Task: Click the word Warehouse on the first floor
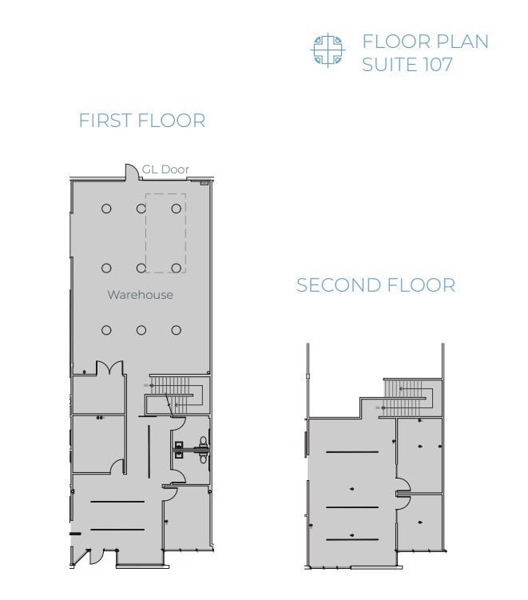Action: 140,295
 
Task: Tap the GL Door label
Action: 165,169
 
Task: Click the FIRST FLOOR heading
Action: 141,121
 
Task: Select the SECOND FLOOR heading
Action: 375,285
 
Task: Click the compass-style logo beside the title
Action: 327,50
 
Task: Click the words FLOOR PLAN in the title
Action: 425,42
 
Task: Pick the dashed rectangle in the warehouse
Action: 165,232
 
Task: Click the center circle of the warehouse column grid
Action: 141,269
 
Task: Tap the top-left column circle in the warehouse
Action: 106,209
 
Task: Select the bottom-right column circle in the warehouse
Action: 177,330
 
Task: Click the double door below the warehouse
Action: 109,368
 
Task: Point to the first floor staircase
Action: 175,391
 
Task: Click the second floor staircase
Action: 409,396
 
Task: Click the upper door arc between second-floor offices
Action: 404,483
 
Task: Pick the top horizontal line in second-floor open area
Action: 352,452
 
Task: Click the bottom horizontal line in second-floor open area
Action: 352,540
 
